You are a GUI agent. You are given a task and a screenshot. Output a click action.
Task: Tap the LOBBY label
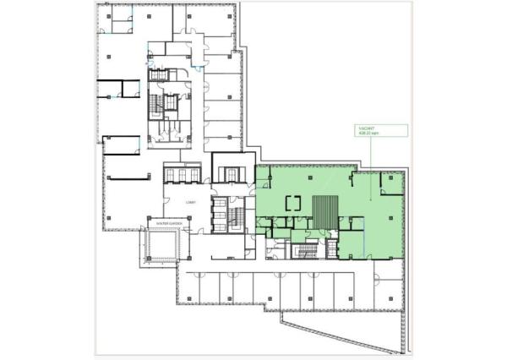pyautogui.click(x=191, y=203)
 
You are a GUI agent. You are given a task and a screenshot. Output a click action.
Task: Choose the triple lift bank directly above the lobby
pyautogui.click(x=182, y=173)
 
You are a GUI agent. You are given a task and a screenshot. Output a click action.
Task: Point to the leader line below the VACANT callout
pyautogui.click(x=370, y=169)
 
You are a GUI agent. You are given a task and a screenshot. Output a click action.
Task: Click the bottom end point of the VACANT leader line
pyautogui.click(x=370, y=200)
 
